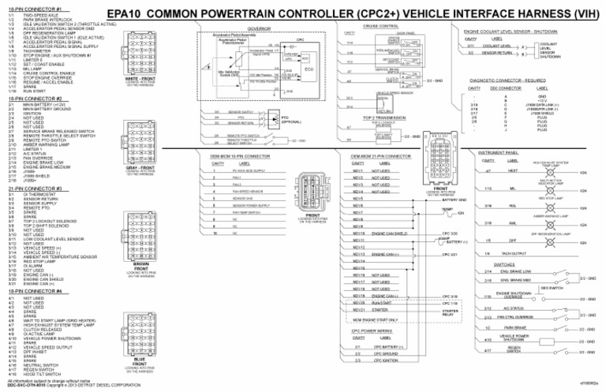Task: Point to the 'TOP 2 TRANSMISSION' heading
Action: coord(381,118)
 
